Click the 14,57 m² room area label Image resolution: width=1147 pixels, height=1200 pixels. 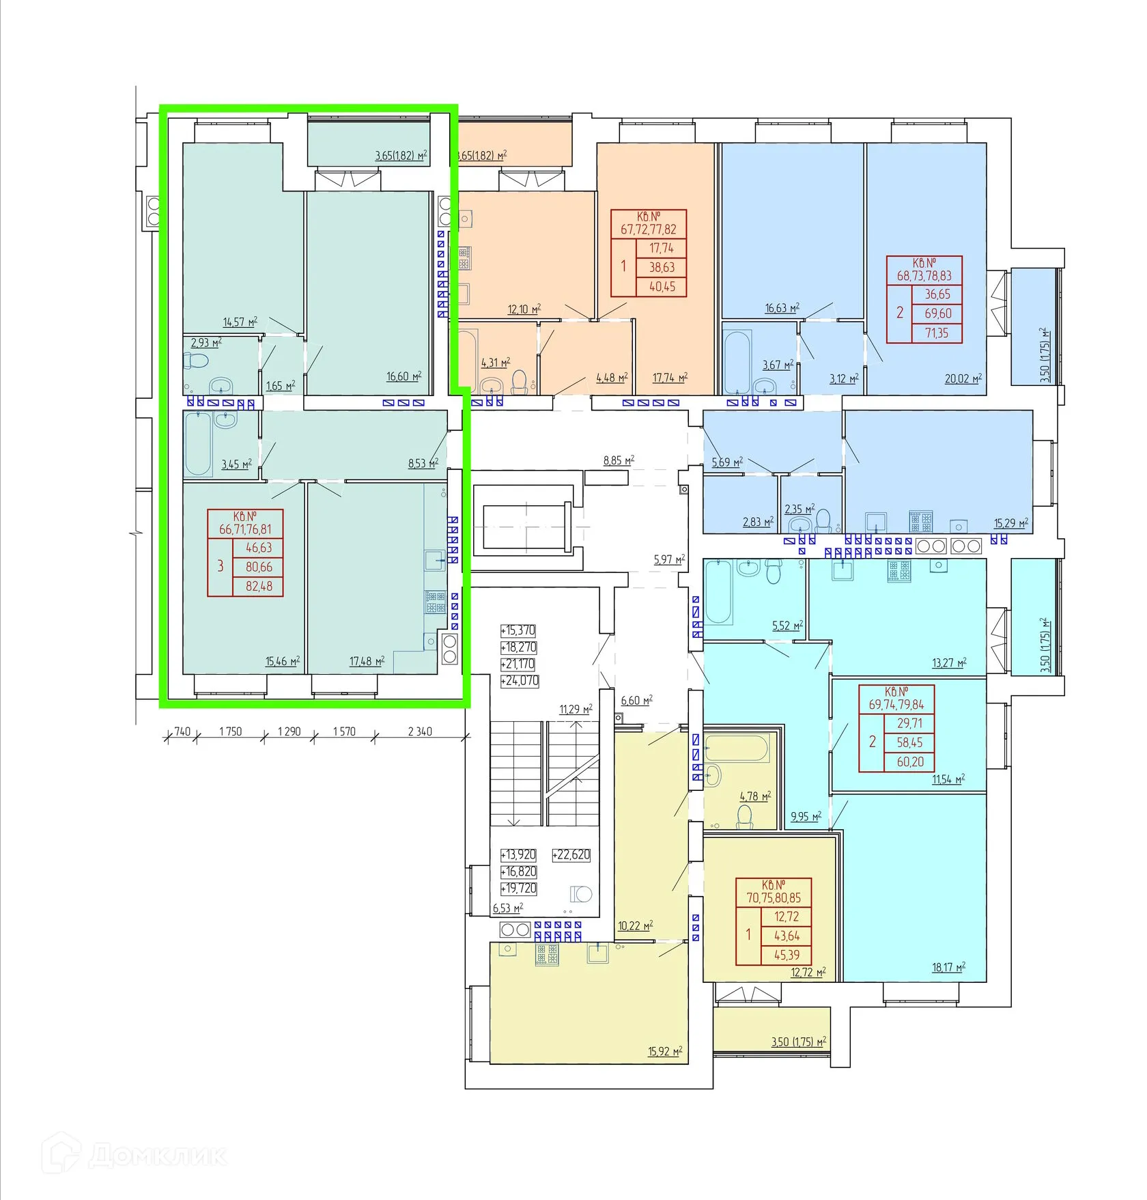pos(240,322)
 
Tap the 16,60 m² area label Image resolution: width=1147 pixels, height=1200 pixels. pos(403,376)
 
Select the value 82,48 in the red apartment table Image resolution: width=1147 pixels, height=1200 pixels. pos(259,586)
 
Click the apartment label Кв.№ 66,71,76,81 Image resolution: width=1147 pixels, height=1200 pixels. pos(245,522)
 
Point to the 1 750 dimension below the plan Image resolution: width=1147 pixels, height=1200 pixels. pos(230,731)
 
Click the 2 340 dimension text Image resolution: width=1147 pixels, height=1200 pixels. pos(420,731)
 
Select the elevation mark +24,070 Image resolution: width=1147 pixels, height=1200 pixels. pos(520,681)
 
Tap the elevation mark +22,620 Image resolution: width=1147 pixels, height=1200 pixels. pos(571,854)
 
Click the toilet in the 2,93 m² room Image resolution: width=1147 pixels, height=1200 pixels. pos(197,360)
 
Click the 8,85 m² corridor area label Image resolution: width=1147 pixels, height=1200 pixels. pos(619,461)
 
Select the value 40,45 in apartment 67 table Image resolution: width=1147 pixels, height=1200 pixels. pos(662,287)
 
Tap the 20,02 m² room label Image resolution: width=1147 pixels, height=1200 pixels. pos(963,379)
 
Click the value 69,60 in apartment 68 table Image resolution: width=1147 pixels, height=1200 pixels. pos(937,313)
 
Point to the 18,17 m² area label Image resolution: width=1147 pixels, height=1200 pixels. pos(948,968)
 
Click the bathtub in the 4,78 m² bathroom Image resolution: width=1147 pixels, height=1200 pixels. pos(737,749)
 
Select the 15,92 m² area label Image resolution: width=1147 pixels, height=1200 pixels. pos(664,1052)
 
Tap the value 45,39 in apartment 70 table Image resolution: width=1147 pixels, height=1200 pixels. pos(787,955)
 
